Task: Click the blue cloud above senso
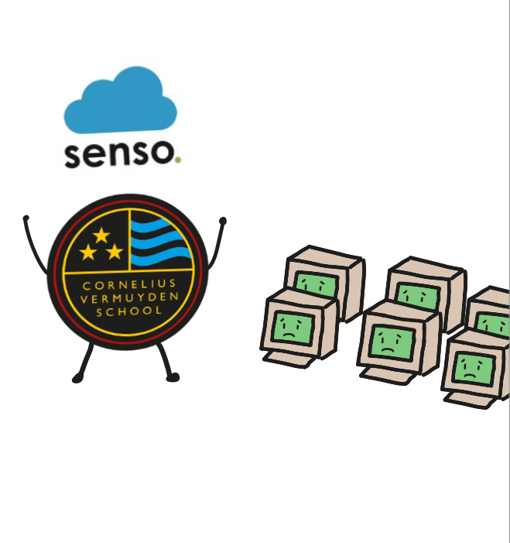[x=121, y=101]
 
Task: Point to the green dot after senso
[x=177, y=160]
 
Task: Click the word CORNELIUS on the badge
[x=129, y=284]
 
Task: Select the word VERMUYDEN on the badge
[x=129, y=297]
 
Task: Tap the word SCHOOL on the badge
[x=129, y=311]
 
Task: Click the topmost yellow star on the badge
[x=101, y=235]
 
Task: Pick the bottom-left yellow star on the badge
[x=88, y=252]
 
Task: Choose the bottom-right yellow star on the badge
[x=115, y=252]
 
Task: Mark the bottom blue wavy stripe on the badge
[x=160, y=256]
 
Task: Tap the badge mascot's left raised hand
[x=26, y=218]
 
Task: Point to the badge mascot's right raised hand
[x=223, y=221]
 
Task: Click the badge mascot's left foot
[x=77, y=379]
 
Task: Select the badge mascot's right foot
[x=173, y=377]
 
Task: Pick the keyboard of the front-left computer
[x=289, y=359]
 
